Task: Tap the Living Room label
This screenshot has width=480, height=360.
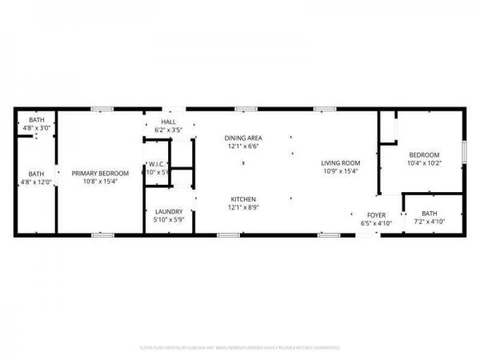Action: [x=341, y=163]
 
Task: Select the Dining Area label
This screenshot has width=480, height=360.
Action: [x=243, y=138]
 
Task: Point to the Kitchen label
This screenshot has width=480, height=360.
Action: [x=243, y=198]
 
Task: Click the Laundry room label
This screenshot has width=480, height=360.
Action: [x=169, y=211]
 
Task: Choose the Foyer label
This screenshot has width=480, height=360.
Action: [x=376, y=214]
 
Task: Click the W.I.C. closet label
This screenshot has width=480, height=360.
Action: [x=156, y=165]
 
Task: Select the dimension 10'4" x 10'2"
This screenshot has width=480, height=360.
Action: [x=424, y=163]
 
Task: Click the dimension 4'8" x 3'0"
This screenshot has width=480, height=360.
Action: [x=37, y=127]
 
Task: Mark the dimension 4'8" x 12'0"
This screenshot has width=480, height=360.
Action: [x=37, y=182]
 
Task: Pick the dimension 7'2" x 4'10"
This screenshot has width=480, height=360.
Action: [x=430, y=222]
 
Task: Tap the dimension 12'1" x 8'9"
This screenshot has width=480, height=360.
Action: [x=243, y=207]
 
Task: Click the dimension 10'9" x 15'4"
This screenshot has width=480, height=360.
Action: [x=341, y=171]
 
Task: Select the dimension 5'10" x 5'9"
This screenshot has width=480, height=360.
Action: [x=169, y=220]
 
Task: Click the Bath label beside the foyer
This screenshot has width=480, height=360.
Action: [x=430, y=213]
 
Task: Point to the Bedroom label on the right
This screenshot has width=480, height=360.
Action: [x=424, y=154]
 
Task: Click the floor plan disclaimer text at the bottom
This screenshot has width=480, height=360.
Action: [x=240, y=348]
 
